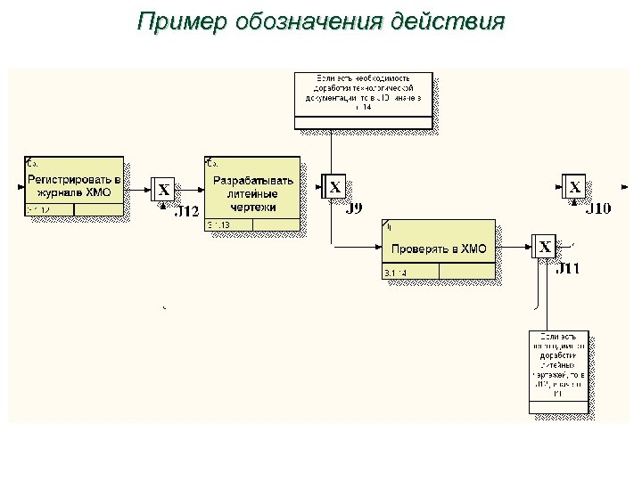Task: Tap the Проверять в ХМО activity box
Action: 439,249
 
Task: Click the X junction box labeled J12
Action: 164,190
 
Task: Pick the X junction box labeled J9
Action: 334,187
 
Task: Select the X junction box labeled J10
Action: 575,187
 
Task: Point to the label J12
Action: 185,212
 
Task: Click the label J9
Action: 354,209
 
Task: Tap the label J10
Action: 597,209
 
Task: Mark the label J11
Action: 567,269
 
